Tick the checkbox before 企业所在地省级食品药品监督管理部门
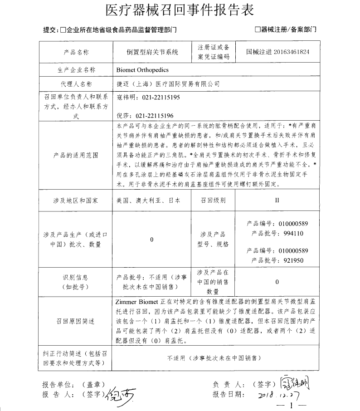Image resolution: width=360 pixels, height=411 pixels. [63, 29]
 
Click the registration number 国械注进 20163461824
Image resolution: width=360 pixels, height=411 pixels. [278, 52]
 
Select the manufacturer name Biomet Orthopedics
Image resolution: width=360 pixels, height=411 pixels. [142, 70]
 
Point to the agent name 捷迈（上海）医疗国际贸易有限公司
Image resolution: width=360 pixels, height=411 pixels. [168, 84]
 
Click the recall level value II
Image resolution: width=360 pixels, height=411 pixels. [277, 200]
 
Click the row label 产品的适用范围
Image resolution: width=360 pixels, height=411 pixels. [76, 155]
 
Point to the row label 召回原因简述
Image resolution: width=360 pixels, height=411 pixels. [76, 321]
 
